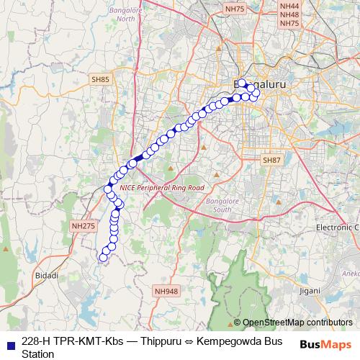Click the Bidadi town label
(47, 276)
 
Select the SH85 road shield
(100, 78)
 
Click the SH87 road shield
(271, 160)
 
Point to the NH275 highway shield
(83, 226)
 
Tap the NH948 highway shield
(166, 292)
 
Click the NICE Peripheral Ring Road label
(163, 187)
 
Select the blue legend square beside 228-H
(9, 341)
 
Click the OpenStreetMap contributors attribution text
(297, 323)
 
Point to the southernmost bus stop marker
(104, 257)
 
